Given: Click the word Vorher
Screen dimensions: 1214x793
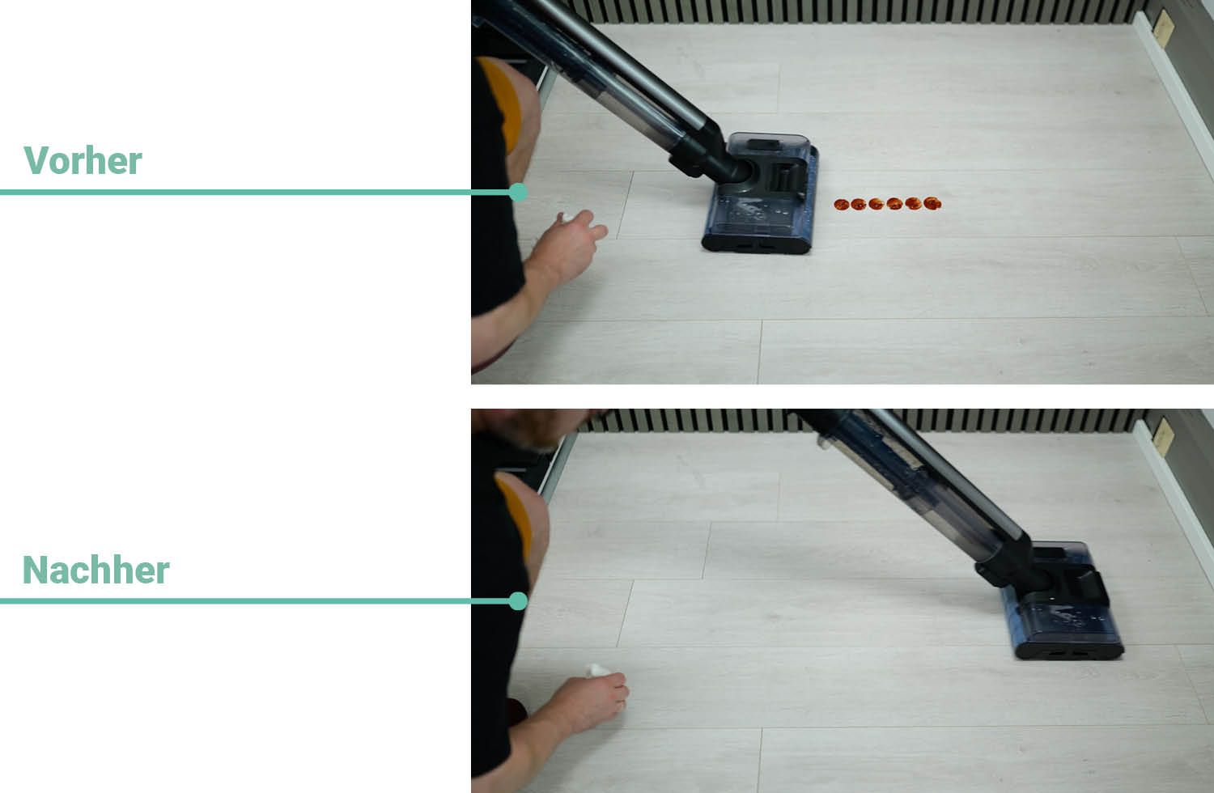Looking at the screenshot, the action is point(83,160).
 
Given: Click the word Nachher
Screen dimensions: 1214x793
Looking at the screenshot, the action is point(96,570).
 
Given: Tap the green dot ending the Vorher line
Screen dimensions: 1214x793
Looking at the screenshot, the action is point(518,193).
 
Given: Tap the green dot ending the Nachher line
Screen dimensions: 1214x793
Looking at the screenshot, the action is point(518,601).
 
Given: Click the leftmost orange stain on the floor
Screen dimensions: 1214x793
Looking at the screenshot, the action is point(841,205).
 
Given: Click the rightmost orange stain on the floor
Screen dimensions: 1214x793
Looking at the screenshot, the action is point(932,203).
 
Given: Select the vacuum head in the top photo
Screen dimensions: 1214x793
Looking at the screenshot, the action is point(760,193).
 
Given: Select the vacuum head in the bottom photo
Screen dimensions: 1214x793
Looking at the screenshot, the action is point(1057,602).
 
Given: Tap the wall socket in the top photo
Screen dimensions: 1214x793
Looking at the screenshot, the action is point(1163,28).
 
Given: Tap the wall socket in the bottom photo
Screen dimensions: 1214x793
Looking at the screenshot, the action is point(1163,437).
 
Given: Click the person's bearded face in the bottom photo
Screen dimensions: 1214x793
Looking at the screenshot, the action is point(528,428).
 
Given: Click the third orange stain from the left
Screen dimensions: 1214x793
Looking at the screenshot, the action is point(877,204).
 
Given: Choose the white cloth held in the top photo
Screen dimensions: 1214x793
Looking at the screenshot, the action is point(567,218).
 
